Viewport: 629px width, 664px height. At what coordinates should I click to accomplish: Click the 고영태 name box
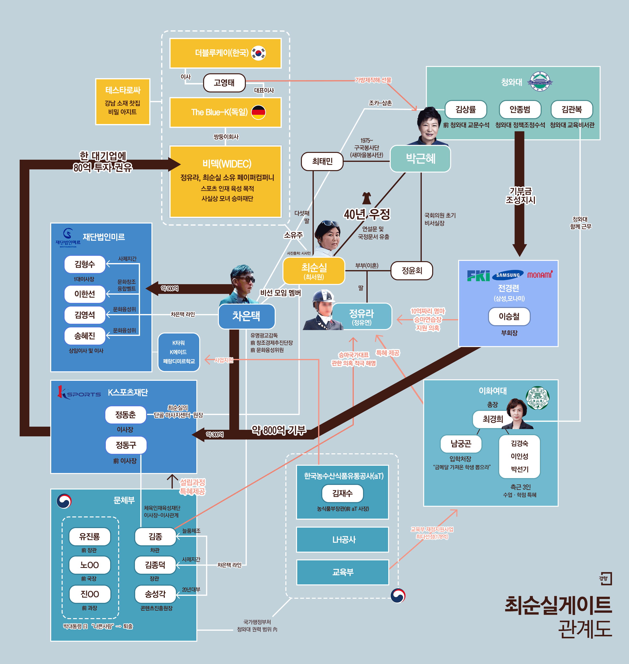pos(224,83)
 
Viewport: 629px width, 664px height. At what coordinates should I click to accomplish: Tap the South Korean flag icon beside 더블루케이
pos(258,53)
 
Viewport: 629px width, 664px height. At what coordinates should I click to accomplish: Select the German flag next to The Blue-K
pos(258,112)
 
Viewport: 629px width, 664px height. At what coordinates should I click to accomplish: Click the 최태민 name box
pos(322,161)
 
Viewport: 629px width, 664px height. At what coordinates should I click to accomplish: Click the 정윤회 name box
pos(412,271)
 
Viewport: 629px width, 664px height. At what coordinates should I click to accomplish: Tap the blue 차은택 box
pos(247,316)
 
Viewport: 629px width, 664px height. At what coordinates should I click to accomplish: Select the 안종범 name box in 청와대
pos(520,110)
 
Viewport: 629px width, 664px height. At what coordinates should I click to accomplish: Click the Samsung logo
pos(508,275)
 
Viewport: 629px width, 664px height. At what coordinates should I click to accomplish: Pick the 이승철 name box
pos(509,316)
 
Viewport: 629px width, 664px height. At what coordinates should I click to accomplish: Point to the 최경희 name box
pos(493,419)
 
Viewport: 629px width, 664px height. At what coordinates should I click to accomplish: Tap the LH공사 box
pos(342,539)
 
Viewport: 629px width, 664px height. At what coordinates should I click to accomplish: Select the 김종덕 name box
pos(155,565)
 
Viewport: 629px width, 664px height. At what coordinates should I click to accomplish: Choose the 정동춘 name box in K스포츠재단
pos(125,415)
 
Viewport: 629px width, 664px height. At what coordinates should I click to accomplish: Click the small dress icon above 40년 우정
pos(366,198)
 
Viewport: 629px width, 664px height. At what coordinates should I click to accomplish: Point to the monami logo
pos(540,275)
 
